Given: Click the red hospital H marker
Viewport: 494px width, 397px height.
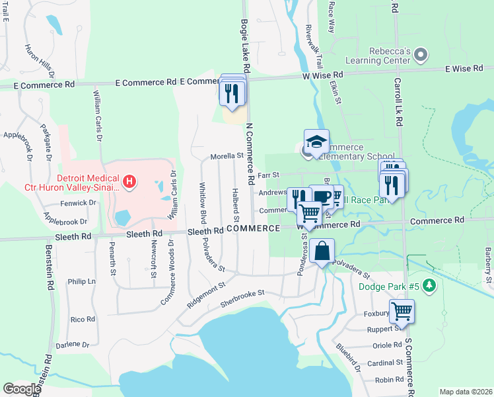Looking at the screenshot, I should point(130,181).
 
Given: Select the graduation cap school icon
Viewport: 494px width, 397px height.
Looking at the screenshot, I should point(316,142).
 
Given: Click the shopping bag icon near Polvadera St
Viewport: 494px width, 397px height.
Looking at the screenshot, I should point(322,252).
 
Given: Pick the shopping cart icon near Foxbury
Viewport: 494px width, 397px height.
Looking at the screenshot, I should point(401,311).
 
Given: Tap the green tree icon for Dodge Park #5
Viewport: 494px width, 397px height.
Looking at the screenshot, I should point(430,286).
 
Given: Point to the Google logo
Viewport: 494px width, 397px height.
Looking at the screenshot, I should point(22,389).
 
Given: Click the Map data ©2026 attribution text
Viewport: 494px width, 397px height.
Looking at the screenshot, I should point(466,392).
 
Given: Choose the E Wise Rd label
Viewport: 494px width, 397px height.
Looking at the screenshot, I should point(464,68).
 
